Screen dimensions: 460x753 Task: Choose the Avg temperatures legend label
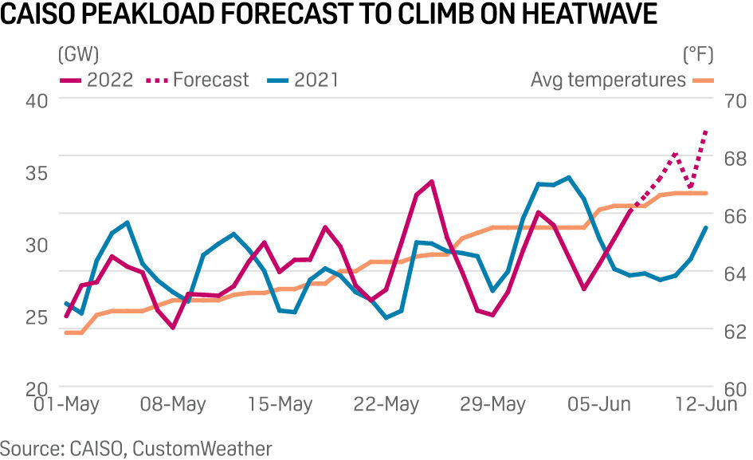(x=608, y=80)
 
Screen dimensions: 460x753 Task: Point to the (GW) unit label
(x=77, y=55)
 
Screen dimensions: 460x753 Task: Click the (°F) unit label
(x=698, y=55)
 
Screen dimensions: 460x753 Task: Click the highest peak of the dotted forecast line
(x=706, y=128)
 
